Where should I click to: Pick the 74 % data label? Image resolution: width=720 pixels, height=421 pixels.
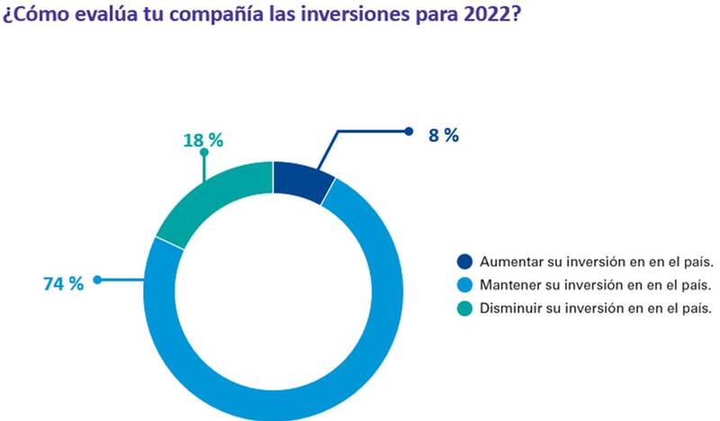pyautogui.click(x=63, y=283)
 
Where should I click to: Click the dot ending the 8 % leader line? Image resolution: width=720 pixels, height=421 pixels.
pyautogui.click(x=409, y=131)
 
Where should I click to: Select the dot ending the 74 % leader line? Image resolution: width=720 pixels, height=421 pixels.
pyautogui.click(x=97, y=280)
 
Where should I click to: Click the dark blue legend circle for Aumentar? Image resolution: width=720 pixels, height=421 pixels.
pyautogui.click(x=463, y=263)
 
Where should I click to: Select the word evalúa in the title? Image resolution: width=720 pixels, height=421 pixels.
pyautogui.click(x=94, y=18)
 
